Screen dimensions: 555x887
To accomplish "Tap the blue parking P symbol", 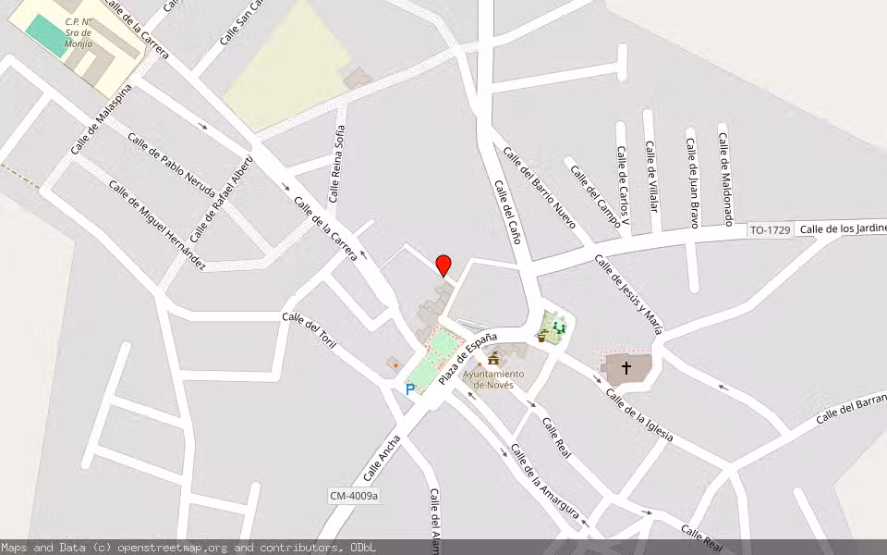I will [410, 389].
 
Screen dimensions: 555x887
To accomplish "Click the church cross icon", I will [626, 368].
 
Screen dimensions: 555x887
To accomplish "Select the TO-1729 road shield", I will [770, 229].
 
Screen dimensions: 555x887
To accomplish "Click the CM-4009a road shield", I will [355, 497].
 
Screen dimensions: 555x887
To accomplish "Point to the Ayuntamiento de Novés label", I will [492, 378].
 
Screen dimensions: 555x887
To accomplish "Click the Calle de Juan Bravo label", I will [691, 177].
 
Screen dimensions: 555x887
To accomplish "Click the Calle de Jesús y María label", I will [629, 292].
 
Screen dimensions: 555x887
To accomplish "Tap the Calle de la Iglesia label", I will [638, 414].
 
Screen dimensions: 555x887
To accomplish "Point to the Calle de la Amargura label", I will [545, 482].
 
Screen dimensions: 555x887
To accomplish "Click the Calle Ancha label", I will [382, 459].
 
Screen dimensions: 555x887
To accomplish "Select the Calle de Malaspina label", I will [101, 119].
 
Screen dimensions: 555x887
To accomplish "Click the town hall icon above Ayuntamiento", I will [493, 359].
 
